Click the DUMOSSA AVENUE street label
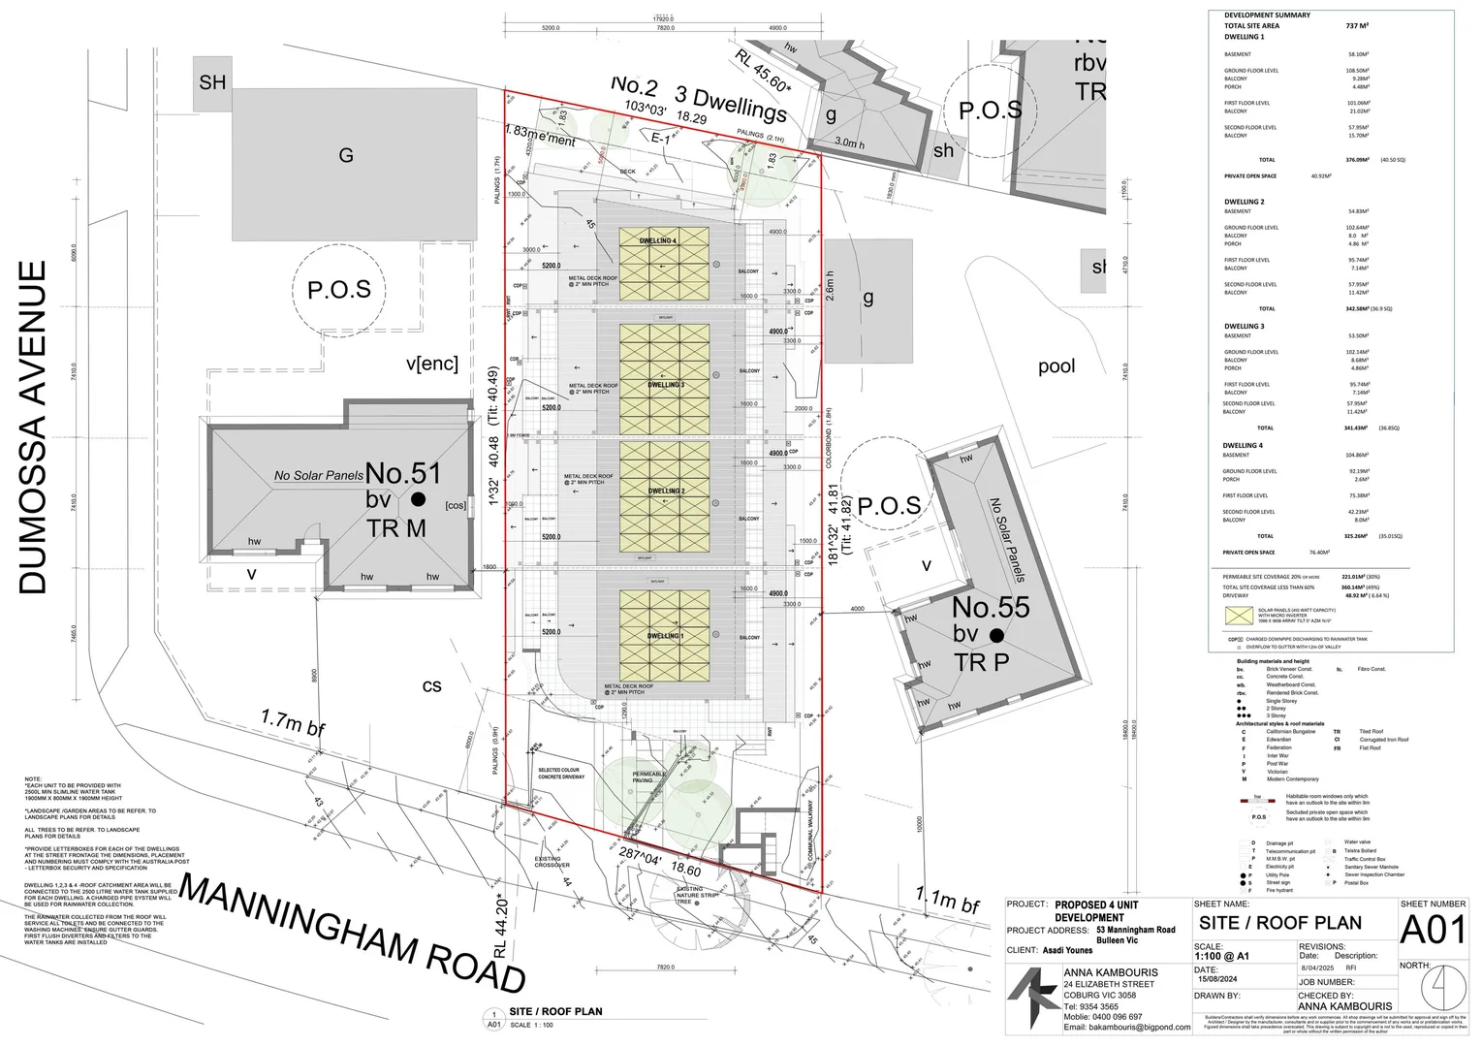(x=33, y=427)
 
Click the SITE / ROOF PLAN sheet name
(x=1279, y=923)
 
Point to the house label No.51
(x=402, y=474)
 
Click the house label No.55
(x=990, y=608)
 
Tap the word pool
(x=1056, y=366)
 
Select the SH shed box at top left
(x=212, y=82)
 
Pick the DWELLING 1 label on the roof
(x=664, y=636)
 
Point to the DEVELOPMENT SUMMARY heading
(x=1267, y=16)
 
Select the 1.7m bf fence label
(x=293, y=722)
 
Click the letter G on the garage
(x=345, y=155)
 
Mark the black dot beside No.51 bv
(x=418, y=499)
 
